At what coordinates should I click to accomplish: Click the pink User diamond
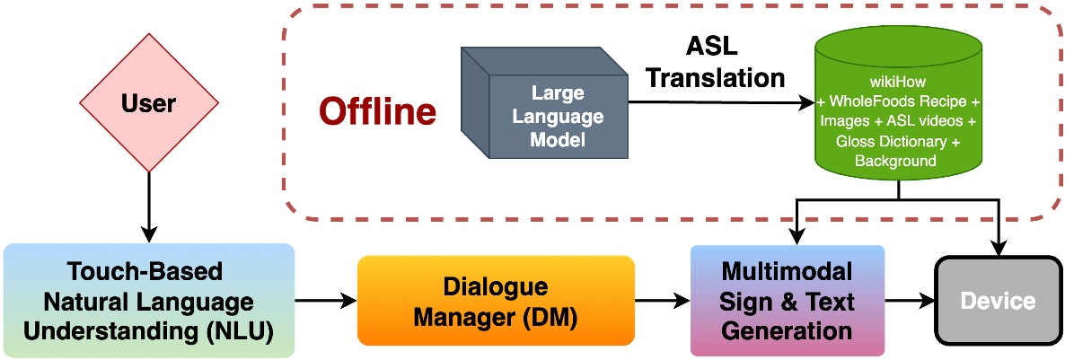[x=149, y=103]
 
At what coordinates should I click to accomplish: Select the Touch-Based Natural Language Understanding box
[x=149, y=301]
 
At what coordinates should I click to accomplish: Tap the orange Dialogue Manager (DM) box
[x=496, y=301]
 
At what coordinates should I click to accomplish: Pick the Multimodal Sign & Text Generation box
[x=788, y=301]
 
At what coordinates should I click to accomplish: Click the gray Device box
[x=998, y=301]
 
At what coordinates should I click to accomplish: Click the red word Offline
[x=378, y=111]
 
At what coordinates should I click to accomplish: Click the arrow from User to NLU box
[x=149, y=208]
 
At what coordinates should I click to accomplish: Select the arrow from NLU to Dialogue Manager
[x=327, y=301]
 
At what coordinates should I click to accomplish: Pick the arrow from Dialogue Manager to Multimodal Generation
[x=663, y=301]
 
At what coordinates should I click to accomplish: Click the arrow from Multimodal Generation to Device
[x=911, y=301]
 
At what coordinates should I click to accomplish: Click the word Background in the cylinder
[x=896, y=161]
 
